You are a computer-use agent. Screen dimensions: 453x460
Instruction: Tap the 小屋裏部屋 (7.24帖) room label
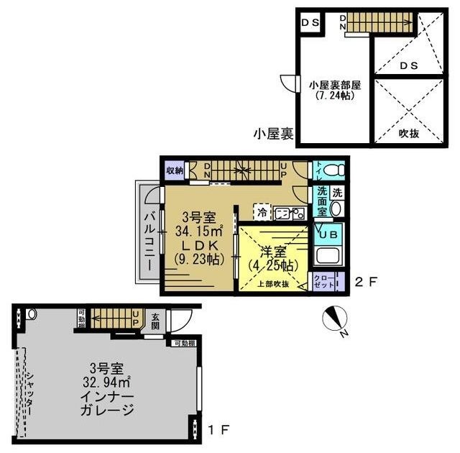[333, 89]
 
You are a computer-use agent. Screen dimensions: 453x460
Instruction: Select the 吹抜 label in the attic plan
[409, 134]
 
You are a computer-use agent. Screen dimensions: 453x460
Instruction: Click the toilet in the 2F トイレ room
[332, 171]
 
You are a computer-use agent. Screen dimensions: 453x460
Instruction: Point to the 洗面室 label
[321, 203]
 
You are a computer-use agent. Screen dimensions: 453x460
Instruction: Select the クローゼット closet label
[321, 281]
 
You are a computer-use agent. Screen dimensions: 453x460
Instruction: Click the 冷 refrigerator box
[262, 212]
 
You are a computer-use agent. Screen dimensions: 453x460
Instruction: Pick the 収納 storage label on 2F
[175, 170]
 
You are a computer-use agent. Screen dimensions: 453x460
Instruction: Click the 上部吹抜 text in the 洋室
[274, 284]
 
